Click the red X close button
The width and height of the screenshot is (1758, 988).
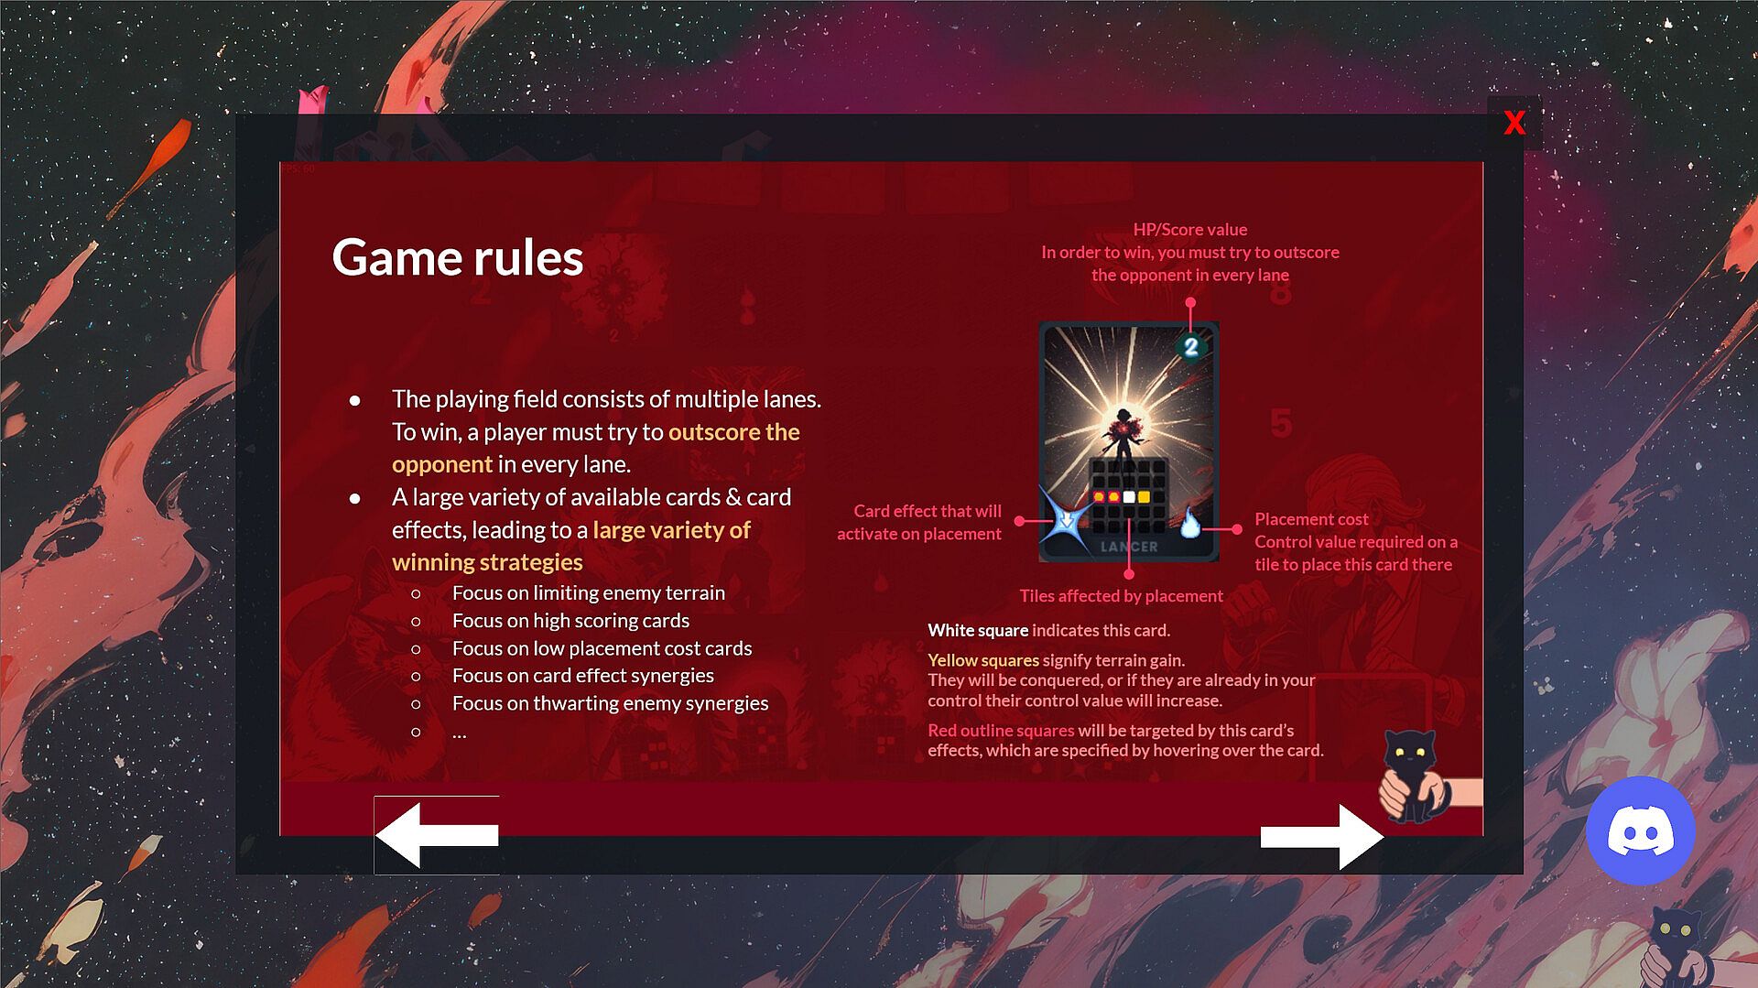pyautogui.click(x=1514, y=123)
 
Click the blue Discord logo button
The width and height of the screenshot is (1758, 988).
pyautogui.click(x=1640, y=831)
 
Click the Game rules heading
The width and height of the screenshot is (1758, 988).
pyautogui.click(x=457, y=257)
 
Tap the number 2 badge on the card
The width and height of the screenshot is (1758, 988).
pyautogui.click(x=1190, y=347)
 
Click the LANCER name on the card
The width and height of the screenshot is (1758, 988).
pyautogui.click(x=1129, y=547)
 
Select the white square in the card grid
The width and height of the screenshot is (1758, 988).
pyautogui.click(x=1129, y=497)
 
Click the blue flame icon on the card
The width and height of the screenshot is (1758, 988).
pyautogui.click(x=1189, y=523)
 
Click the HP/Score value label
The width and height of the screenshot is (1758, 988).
pyautogui.click(x=1190, y=230)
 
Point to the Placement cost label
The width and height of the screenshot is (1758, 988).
pyautogui.click(x=1311, y=519)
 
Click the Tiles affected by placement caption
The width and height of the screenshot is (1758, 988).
pyautogui.click(x=1121, y=596)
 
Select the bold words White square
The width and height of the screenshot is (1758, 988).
pyautogui.click(x=978, y=630)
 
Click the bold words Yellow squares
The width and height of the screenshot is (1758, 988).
pyautogui.click(x=983, y=660)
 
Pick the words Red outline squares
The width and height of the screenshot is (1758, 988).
pyautogui.click(x=1001, y=731)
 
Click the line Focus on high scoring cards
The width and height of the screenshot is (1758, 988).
pyautogui.click(x=570, y=621)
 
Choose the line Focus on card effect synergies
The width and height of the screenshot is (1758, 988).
pyautogui.click(x=583, y=676)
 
